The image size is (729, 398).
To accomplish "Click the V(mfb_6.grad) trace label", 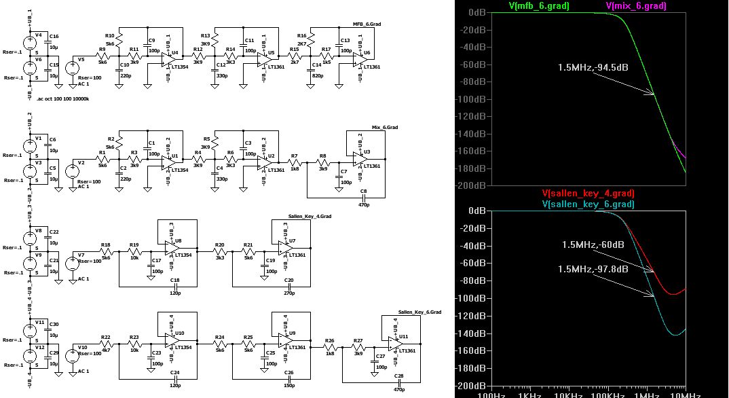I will (x=538, y=6).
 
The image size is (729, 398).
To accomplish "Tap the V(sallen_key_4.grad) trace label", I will (x=588, y=194).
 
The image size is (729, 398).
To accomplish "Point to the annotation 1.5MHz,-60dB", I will (x=593, y=245).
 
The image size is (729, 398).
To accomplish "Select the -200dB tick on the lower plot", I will (x=470, y=386).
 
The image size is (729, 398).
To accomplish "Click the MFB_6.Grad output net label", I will (x=367, y=24).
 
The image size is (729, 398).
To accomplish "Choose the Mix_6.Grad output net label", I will (x=385, y=127).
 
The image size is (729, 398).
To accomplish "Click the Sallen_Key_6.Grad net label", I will (x=420, y=311).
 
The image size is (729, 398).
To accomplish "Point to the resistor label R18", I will (x=105, y=245).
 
